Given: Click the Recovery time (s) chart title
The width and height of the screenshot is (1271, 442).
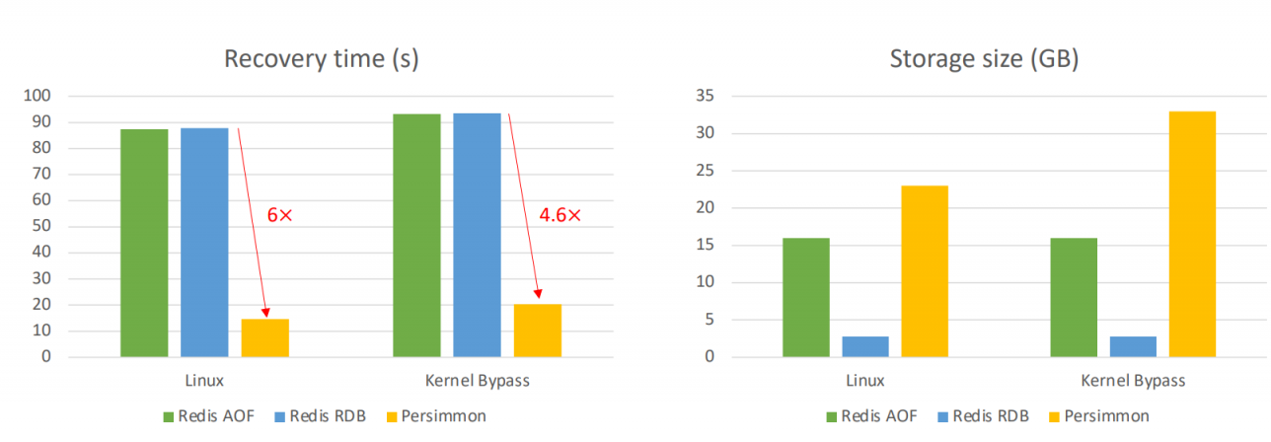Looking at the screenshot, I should (321, 59).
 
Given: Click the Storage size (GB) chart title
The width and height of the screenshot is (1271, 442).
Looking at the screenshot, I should (984, 59).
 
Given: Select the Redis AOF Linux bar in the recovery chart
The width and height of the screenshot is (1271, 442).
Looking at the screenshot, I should (144, 243).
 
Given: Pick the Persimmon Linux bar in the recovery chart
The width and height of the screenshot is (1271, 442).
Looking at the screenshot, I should (265, 337).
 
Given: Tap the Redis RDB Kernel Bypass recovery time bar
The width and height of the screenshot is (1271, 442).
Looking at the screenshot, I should (477, 235).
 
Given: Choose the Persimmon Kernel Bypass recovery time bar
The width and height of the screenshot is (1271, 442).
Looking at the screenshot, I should (538, 331).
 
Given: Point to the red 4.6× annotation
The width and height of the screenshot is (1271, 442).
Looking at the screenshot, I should (560, 214).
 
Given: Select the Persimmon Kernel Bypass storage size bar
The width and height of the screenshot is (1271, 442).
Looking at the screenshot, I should (1192, 234).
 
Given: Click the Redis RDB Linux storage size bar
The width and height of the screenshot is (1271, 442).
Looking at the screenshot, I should (865, 346).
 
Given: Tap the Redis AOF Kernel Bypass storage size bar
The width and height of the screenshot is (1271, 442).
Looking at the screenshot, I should (1074, 297).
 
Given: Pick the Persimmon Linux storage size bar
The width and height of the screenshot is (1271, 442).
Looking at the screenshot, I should (925, 271).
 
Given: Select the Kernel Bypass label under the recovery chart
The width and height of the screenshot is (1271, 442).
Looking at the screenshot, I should (477, 380).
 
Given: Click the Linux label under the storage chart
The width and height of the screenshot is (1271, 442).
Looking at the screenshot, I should (864, 380).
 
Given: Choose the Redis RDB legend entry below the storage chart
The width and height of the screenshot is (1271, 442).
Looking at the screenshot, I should (981, 415).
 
